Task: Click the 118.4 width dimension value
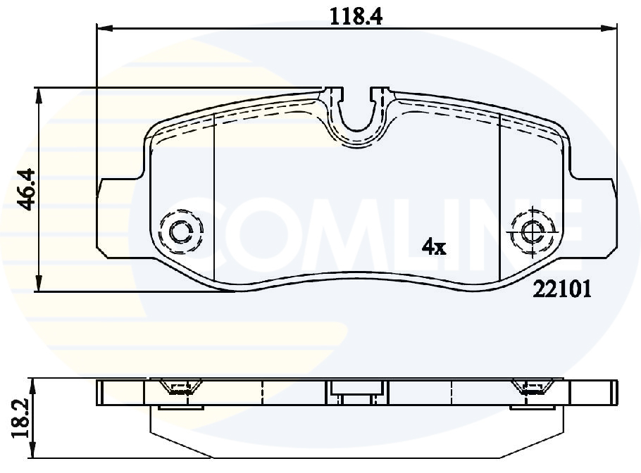356,17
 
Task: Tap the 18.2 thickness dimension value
22,419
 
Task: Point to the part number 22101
562,289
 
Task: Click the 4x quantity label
434,247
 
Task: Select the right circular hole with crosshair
533,232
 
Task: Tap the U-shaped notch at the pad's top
356,118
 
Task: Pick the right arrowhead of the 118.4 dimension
609,27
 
